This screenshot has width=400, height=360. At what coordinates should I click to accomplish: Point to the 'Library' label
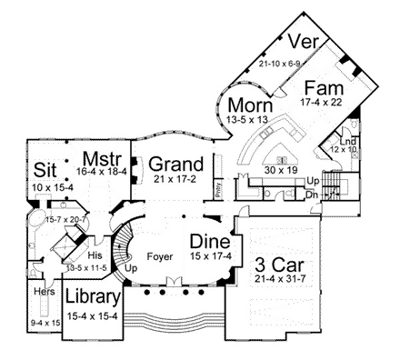(93, 298)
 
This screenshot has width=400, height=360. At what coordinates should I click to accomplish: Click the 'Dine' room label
(209, 241)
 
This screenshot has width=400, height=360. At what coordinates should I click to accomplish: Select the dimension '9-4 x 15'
(43, 322)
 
